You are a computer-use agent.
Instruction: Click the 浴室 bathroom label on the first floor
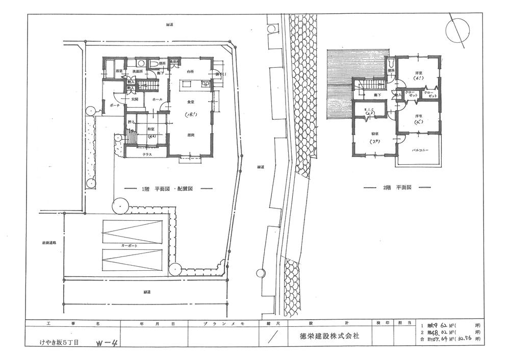tap(118, 71)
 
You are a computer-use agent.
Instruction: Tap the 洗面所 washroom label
tap(136, 71)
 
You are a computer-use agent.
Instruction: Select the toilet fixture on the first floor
tap(154, 64)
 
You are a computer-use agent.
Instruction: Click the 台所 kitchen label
tap(190, 71)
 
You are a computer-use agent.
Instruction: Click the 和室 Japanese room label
tap(151, 129)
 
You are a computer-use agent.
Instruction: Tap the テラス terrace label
tap(146, 153)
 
